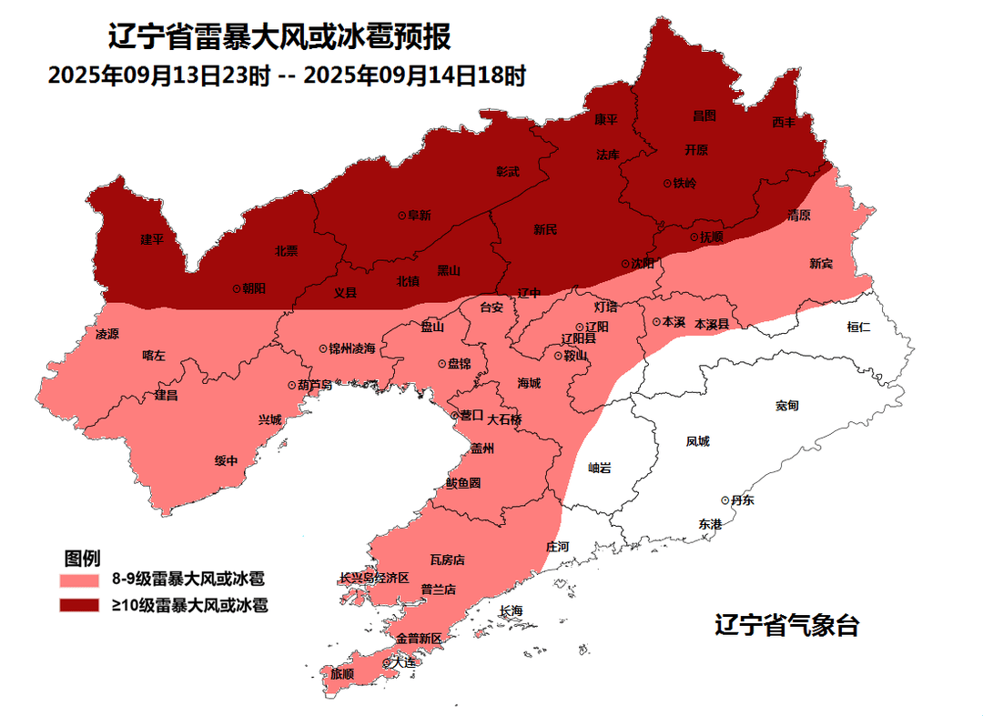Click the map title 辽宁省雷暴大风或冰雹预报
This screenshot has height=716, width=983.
pyautogui.click(x=279, y=38)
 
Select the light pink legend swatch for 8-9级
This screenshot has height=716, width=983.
pyautogui.click(x=79, y=579)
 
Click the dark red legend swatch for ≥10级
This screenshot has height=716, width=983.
pyautogui.click(x=79, y=605)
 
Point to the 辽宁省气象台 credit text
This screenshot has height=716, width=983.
pyautogui.click(x=786, y=626)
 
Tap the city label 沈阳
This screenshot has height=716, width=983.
pyautogui.click(x=644, y=264)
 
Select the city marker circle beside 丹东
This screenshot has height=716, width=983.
pyautogui.click(x=725, y=500)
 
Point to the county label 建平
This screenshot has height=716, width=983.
pyautogui.click(x=152, y=240)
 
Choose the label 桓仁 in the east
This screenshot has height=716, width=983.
pyautogui.click(x=858, y=327)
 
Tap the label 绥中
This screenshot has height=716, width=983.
pyautogui.click(x=226, y=460)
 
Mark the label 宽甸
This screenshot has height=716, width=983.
pyautogui.click(x=787, y=405)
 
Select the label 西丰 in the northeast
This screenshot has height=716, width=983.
pyautogui.click(x=784, y=122)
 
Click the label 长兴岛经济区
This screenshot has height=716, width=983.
pyautogui.click(x=374, y=578)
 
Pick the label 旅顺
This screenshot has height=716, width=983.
pyautogui.click(x=342, y=674)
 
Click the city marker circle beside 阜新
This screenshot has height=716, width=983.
pyautogui.click(x=401, y=216)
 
